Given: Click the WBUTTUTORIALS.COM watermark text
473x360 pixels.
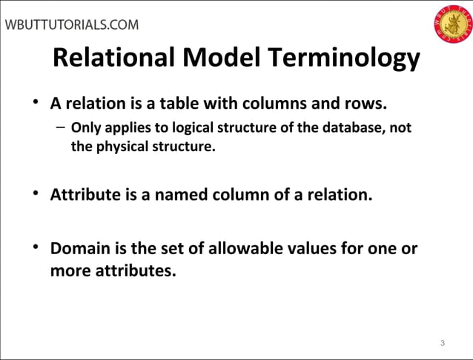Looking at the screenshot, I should [x=72, y=24].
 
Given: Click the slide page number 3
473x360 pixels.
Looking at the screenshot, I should [x=442, y=342].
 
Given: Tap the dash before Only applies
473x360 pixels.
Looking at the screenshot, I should [x=59, y=127].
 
